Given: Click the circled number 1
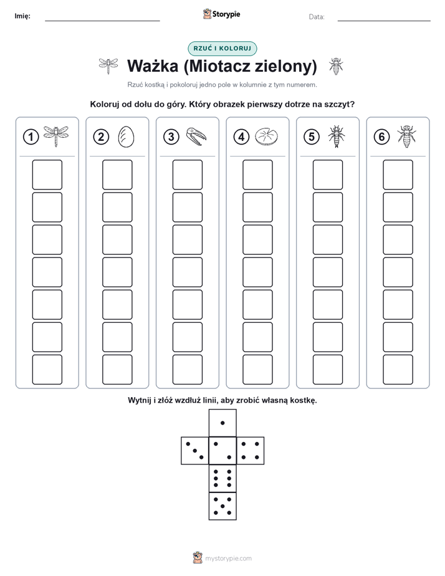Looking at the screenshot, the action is [x=31, y=137].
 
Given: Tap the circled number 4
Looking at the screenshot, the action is [x=241, y=137].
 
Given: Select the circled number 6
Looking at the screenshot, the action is [x=381, y=137].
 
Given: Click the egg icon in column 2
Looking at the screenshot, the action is [x=126, y=137].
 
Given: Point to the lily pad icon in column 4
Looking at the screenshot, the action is [x=267, y=137].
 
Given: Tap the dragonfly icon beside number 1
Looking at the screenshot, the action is [x=56, y=137].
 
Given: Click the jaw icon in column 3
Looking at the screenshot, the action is [x=196, y=137].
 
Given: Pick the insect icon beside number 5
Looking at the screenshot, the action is [x=337, y=137].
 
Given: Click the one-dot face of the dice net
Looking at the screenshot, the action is [x=222, y=423].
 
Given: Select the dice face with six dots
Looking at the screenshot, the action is [x=222, y=478].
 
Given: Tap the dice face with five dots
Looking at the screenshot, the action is [x=222, y=506].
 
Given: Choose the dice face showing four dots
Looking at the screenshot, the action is [x=251, y=451].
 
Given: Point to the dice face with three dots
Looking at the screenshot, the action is [x=195, y=451].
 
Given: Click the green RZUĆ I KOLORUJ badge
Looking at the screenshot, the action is [x=222, y=49].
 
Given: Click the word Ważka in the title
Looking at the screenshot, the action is [x=153, y=66].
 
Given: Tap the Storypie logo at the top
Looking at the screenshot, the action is [x=221, y=14].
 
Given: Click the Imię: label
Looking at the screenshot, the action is [x=22, y=16].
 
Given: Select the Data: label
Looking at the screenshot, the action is [x=317, y=17].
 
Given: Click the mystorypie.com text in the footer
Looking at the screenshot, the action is [x=228, y=559].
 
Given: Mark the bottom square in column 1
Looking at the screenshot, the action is [x=47, y=370].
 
